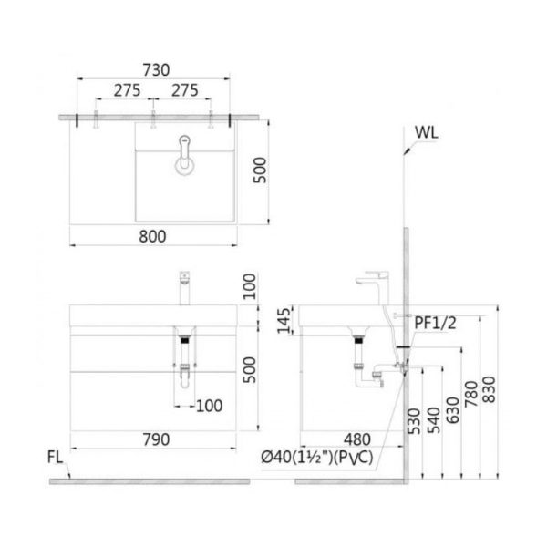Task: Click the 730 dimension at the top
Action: click(x=156, y=70)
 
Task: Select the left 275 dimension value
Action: click(x=127, y=90)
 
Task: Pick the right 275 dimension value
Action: click(x=184, y=90)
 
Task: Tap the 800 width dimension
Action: click(x=152, y=236)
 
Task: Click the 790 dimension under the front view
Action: click(x=156, y=439)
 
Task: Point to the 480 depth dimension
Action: click(x=356, y=439)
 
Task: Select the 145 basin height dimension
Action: click(x=284, y=321)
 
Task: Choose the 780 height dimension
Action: click(x=471, y=394)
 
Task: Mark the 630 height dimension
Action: click(x=453, y=410)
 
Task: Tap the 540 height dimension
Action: click(x=434, y=420)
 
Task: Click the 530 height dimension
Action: click(x=414, y=421)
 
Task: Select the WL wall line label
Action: click(x=427, y=132)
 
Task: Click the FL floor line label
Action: click(x=55, y=458)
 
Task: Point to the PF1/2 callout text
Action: click(x=435, y=324)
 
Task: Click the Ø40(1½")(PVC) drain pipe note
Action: click(x=317, y=457)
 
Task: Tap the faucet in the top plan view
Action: click(x=184, y=155)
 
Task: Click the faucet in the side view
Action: click(x=372, y=287)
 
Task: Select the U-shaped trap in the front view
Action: click(x=185, y=376)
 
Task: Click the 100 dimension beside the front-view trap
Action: click(x=210, y=406)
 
